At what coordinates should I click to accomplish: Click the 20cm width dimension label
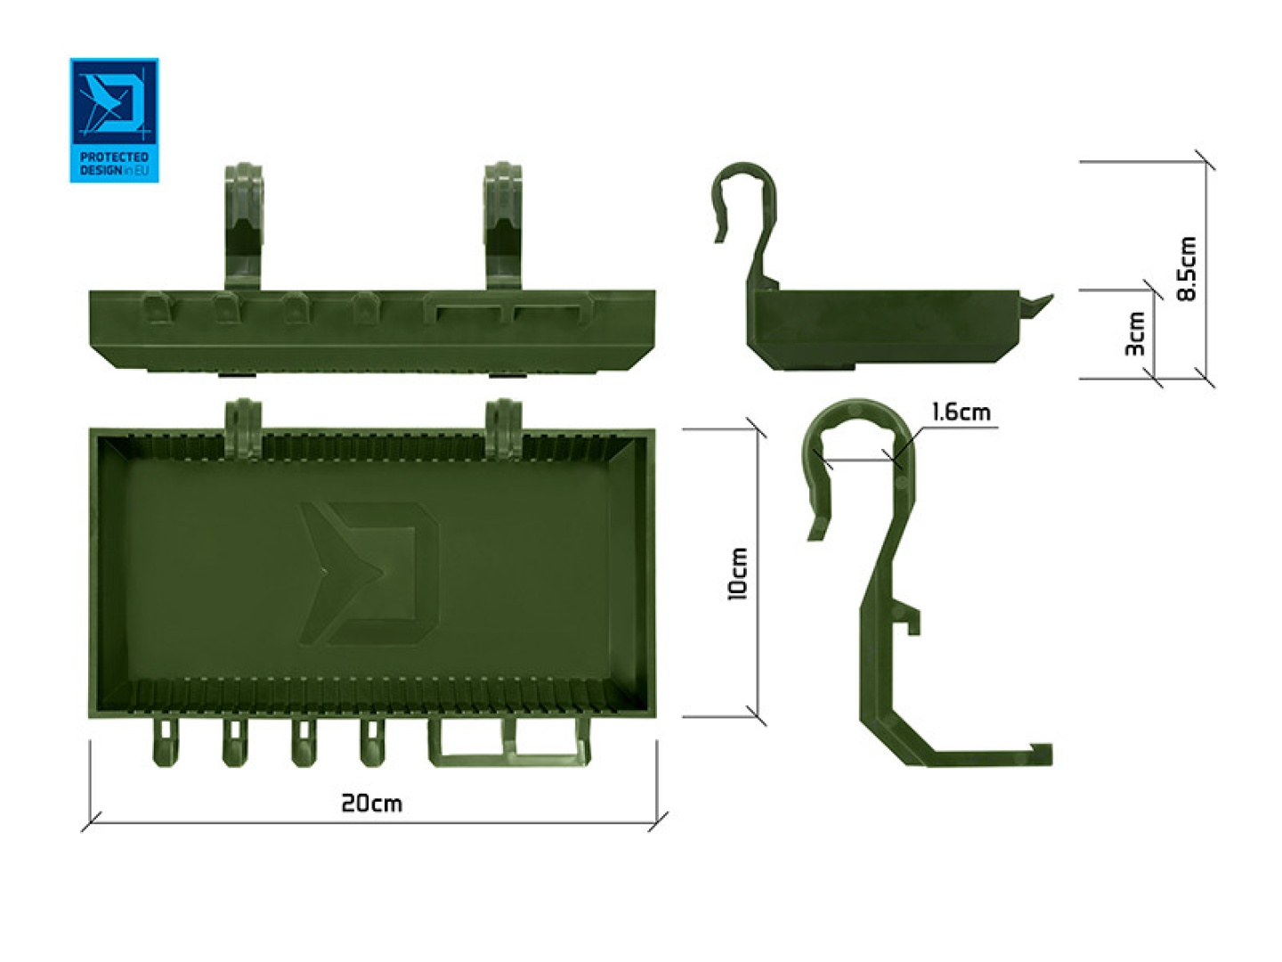pos(371,803)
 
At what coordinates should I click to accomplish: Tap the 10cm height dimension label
pos(738,574)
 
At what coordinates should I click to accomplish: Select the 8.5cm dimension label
pos(1187,269)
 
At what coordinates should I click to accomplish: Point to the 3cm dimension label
pos(1136,334)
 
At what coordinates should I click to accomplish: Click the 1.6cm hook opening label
pos(961,412)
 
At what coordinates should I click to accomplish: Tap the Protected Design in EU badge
pos(114,120)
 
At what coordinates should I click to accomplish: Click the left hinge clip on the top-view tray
pos(243,428)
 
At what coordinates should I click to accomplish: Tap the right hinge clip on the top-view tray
pos(503,428)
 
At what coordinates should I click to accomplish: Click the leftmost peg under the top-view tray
pos(165,740)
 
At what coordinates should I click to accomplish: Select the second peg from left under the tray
pos(234,740)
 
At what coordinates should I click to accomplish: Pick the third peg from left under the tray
pos(303,740)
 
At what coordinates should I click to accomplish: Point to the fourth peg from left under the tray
pos(372,740)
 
